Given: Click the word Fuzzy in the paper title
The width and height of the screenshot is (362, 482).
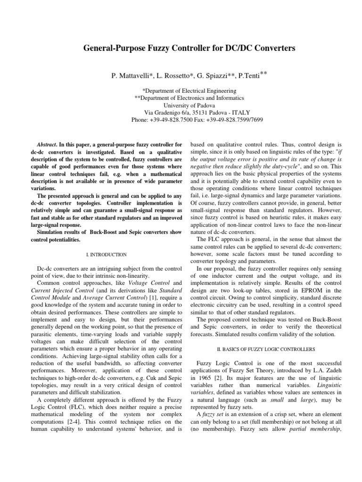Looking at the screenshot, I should [156, 48].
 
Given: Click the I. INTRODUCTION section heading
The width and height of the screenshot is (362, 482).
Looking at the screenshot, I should [107, 255].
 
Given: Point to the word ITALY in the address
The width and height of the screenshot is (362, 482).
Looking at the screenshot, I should [240, 113].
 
